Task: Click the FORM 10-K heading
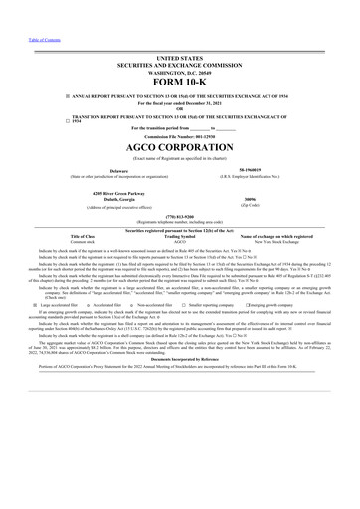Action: point(179,80)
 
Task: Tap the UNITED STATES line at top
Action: point(179,59)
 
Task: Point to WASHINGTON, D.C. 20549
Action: point(179,73)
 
